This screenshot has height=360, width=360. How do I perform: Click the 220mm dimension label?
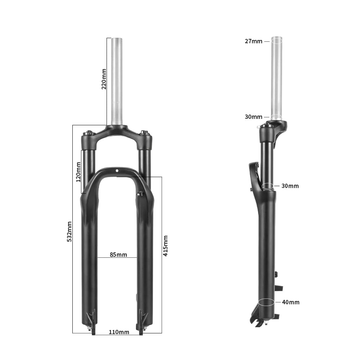point(104,79)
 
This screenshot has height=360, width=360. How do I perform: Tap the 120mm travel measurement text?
point(78,172)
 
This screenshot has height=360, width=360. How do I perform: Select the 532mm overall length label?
point(69,231)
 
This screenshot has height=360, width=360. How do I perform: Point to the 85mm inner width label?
point(118,255)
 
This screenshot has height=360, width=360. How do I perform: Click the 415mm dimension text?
point(166,246)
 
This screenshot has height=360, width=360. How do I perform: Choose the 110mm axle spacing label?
point(119,332)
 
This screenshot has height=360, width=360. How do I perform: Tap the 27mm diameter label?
point(253,41)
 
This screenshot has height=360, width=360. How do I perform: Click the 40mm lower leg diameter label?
point(291,302)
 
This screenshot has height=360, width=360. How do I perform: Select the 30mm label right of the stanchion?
point(290,186)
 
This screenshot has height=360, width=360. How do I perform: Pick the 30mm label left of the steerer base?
point(253,117)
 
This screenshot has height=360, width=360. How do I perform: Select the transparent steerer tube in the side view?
point(276,79)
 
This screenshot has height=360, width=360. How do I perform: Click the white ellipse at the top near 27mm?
point(276,41)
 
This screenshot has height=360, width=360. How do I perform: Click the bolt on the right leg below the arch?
point(140,194)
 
